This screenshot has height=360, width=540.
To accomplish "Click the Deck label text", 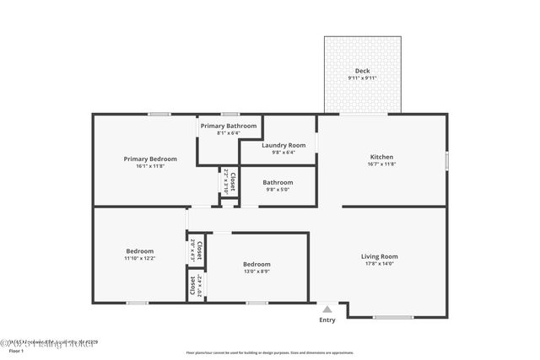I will (x=362, y=71).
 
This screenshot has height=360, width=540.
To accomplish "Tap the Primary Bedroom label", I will (x=150, y=159).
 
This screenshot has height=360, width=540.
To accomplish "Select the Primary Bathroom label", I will (x=229, y=126).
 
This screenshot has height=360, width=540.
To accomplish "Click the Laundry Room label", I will (x=277, y=145).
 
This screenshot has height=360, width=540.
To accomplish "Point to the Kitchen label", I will (x=381, y=157).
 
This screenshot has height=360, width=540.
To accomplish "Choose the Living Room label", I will (x=379, y=256).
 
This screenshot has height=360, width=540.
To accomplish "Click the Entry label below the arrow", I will (x=327, y=320).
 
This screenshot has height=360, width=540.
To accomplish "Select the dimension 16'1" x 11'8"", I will (x=150, y=166).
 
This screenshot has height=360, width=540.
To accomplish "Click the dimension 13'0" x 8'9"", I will (x=256, y=271).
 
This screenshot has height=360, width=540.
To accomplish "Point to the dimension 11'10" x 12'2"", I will (x=140, y=258).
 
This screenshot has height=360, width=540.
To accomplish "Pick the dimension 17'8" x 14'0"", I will (x=379, y=264).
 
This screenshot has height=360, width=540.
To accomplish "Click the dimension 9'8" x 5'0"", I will (x=278, y=190).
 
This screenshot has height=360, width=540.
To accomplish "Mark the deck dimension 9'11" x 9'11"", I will (x=362, y=78).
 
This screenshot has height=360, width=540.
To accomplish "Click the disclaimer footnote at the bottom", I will (x=269, y=352).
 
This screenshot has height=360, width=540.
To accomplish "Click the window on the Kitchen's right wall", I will (x=447, y=160).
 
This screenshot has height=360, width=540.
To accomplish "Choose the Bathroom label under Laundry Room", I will (x=278, y=182).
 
